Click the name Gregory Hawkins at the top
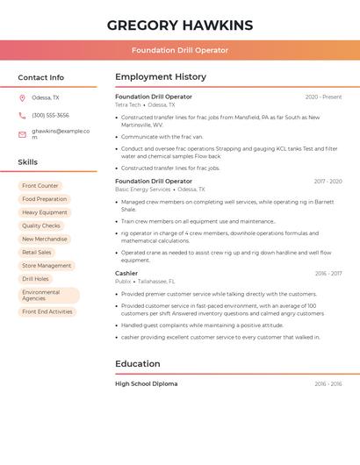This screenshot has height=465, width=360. [180, 25]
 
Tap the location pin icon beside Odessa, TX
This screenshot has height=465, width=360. [22, 98]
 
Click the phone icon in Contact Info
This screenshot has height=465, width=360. [22, 116]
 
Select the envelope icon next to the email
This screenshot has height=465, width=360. [22, 134]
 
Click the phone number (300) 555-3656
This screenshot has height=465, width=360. [50, 116]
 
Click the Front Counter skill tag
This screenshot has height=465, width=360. [40, 186]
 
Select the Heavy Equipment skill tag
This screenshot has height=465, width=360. [45, 212]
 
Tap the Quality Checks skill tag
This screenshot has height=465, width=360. [41, 225]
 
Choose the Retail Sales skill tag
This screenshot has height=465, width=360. [37, 252]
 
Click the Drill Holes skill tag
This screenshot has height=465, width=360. [35, 279]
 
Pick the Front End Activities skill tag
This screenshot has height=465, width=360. [47, 311]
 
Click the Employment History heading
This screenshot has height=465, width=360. [161, 77]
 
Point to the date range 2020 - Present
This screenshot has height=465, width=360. [323, 97]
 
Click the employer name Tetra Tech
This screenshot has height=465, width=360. [128, 104]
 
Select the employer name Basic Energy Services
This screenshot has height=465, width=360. [143, 190]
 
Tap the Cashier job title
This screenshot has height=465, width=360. [126, 273]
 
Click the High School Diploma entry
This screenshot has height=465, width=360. [146, 383]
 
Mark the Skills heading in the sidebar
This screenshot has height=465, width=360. [28, 162]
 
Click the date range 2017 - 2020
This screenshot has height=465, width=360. [328, 182]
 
